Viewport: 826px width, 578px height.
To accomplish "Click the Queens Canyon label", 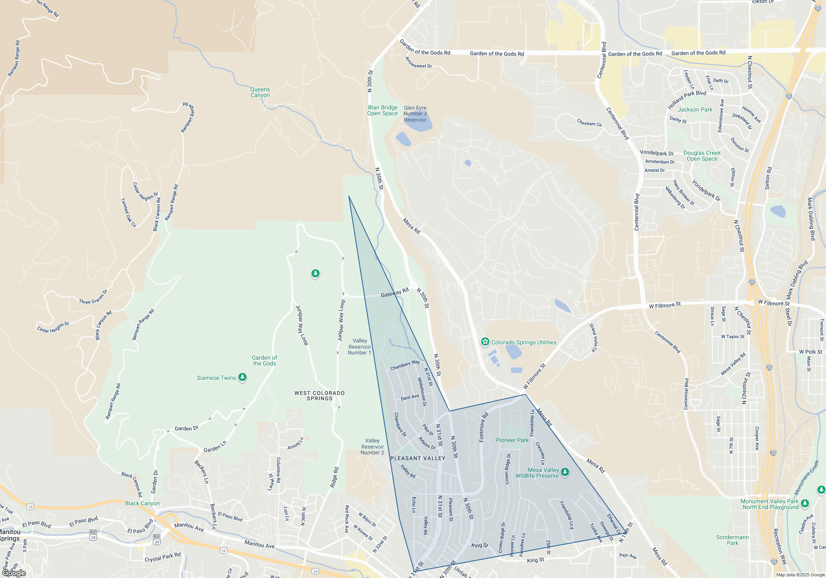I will [260, 92].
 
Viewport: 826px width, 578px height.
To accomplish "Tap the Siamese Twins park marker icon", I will [242, 377].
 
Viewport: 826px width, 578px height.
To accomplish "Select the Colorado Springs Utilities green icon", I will [485, 342].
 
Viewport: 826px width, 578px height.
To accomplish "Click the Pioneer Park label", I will [512, 440].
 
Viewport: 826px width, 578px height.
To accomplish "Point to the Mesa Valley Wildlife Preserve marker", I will [565, 471].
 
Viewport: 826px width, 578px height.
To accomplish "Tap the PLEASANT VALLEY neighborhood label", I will [418, 458].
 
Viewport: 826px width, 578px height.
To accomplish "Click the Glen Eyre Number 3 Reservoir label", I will [415, 114].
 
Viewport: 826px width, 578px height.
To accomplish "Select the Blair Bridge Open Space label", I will [382, 110].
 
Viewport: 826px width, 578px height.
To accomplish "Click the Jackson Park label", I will [695, 109].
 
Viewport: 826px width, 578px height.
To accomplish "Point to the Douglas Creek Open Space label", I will [702, 156].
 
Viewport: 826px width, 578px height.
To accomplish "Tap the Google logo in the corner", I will [14, 573].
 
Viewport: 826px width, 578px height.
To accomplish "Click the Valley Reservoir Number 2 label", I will [372, 447].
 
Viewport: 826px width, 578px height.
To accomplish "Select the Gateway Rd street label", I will [394, 292].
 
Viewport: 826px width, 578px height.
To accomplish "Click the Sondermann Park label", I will [732, 540].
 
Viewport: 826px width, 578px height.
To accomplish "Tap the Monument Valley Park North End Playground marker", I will [805, 503].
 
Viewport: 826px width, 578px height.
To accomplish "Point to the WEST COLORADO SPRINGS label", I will [319, 396].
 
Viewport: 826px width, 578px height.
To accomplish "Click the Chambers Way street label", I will [405, 365].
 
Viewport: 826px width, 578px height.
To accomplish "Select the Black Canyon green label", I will [142, 503].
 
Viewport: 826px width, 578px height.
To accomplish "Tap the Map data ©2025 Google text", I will [800, 575].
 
